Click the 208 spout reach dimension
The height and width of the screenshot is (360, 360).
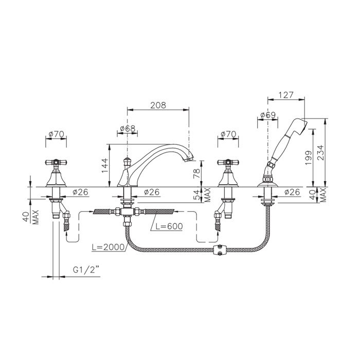[158, 105]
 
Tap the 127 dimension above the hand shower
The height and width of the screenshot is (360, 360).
[286, 95]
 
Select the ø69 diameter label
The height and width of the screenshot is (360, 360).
[268, 115]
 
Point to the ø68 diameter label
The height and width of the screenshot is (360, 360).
[128, 129]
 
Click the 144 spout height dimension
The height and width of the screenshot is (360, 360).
[105, 166]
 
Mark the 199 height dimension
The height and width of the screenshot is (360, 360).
[309, 157]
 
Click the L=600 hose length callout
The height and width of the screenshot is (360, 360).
[169, 226]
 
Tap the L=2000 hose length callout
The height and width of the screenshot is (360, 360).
[108, 247]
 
